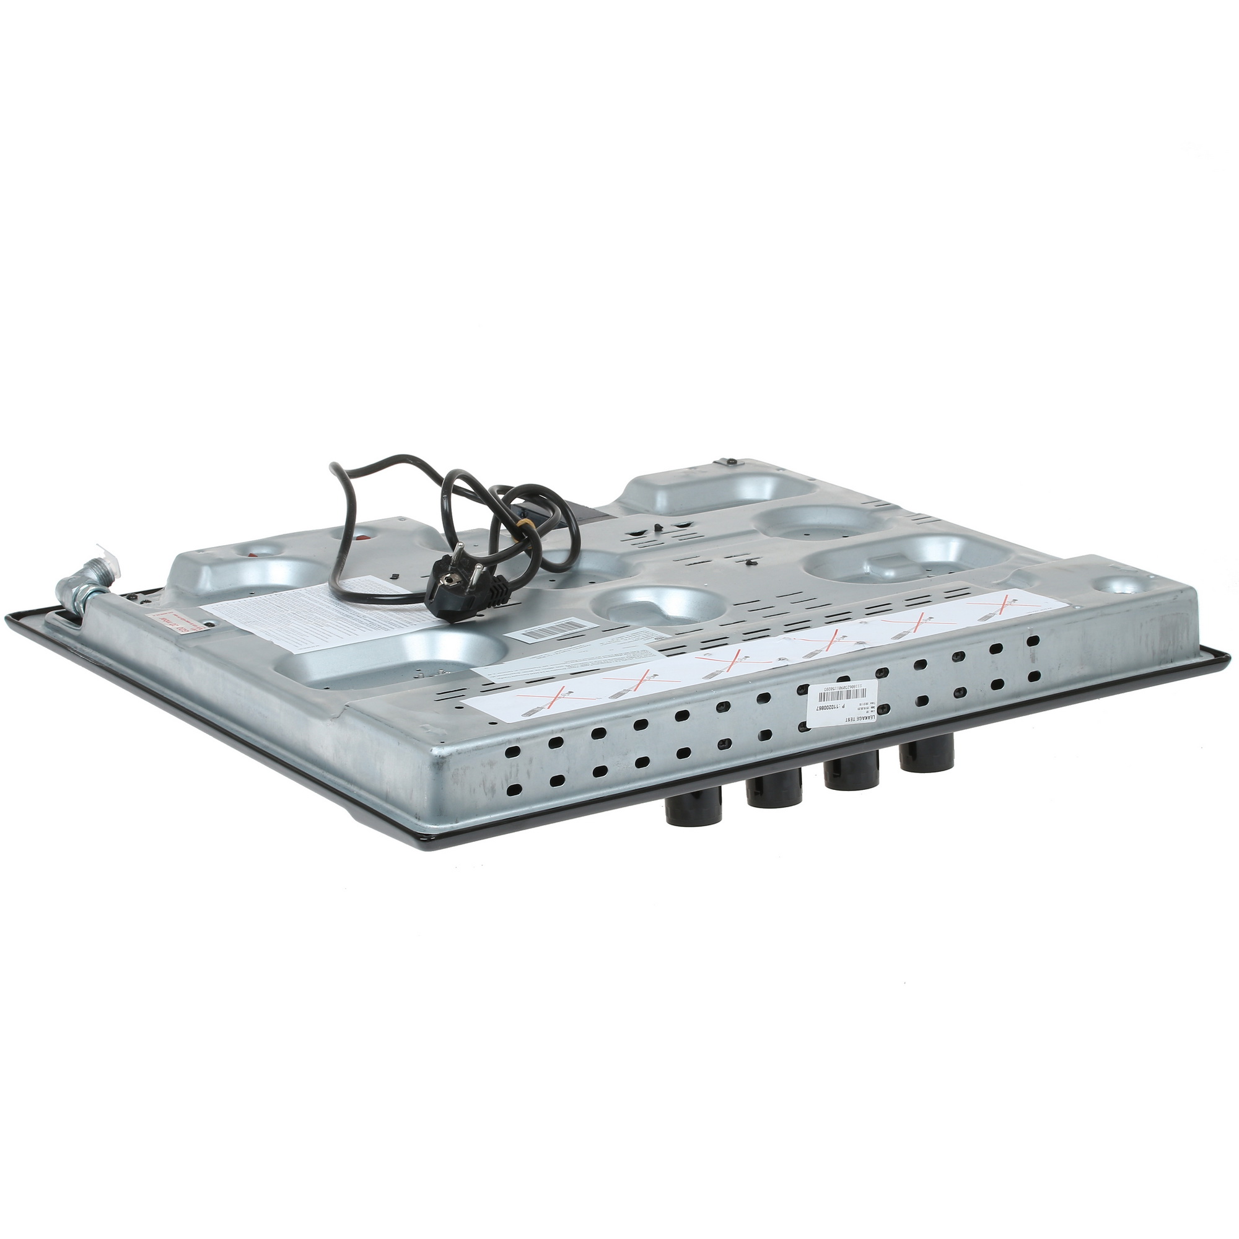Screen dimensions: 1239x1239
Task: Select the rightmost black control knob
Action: pos(925,757)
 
